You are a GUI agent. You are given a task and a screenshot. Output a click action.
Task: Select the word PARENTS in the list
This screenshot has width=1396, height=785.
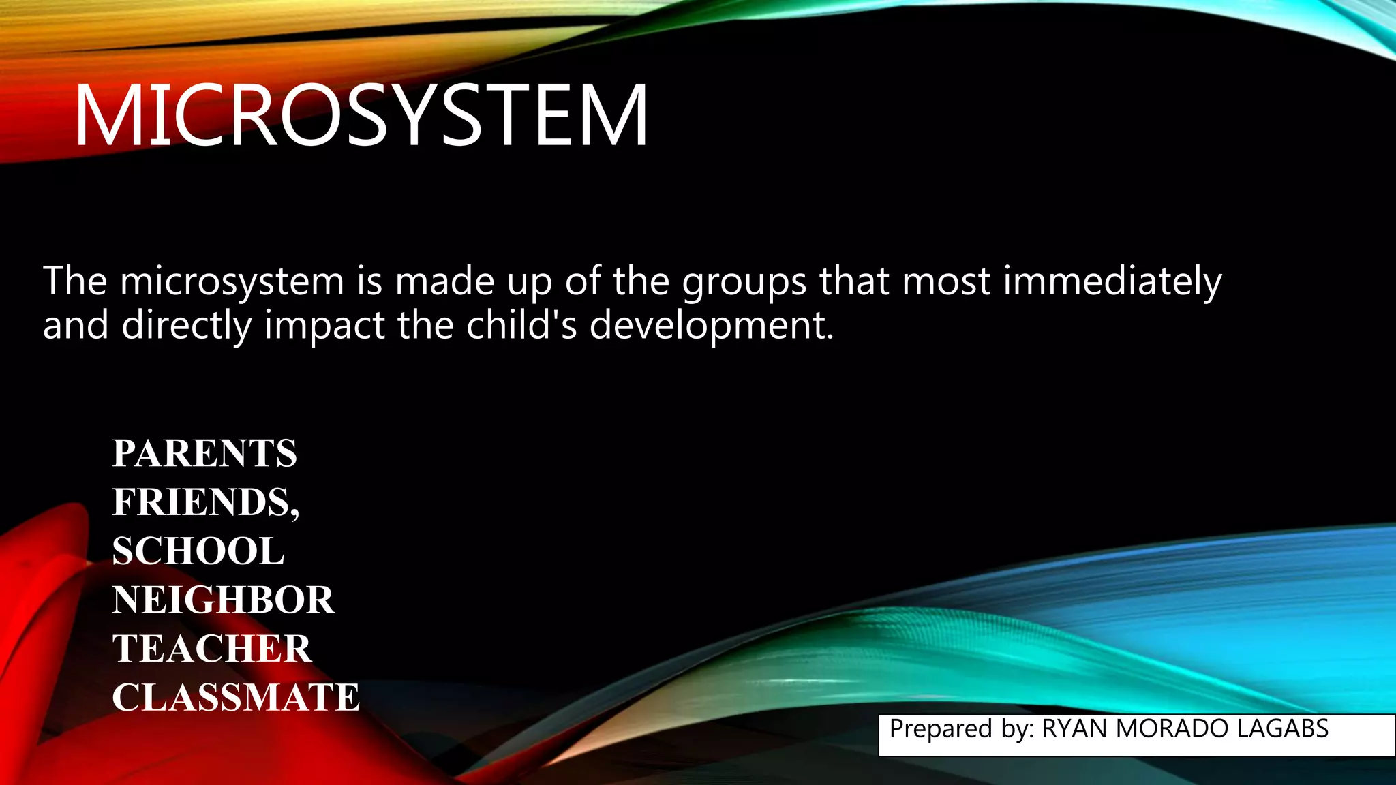(x=204, y=454)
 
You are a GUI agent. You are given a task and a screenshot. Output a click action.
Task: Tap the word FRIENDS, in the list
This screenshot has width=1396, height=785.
(x=206, y=503)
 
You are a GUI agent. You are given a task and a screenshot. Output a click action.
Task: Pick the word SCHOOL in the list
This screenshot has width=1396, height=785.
(x=198, y=551)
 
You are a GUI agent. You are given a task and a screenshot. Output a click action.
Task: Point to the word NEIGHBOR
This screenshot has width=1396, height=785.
(x=223, y=600)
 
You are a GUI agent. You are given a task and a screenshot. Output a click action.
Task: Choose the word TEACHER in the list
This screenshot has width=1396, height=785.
(x=212, y=649)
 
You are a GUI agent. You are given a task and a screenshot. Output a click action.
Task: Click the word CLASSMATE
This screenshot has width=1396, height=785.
(x=236, y=698)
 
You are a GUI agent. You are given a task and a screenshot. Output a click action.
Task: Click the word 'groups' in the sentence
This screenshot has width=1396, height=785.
(x=745, y=282)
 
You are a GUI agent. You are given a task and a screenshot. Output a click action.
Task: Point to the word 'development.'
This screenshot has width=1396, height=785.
(x=712, y=326)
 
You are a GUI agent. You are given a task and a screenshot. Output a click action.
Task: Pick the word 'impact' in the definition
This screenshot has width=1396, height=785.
(x=324, y=326)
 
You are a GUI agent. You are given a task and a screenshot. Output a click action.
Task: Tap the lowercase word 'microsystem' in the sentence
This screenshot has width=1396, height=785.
(x=232, y=282)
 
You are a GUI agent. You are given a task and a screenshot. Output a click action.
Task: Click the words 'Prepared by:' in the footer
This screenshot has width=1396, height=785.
(x=962, y=729)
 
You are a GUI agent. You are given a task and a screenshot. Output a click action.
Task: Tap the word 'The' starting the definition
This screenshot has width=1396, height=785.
(x=75, y=281)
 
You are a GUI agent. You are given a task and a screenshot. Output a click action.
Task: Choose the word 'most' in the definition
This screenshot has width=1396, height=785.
(x=946, y=282)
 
